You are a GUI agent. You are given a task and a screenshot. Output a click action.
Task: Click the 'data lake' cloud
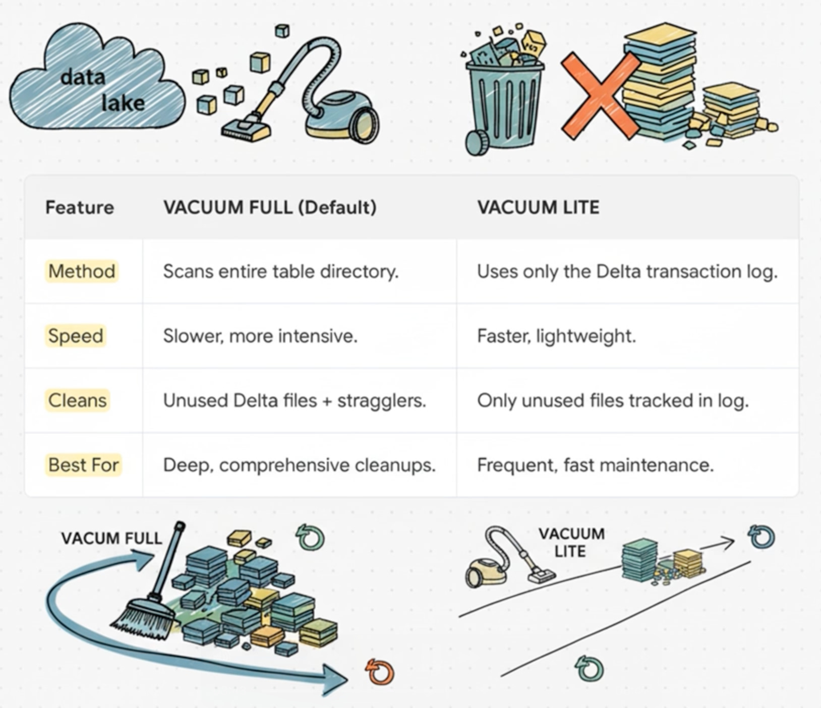pyautogui.click(x=96, y=83)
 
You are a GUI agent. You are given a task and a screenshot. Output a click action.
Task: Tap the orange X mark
pyautogui.click(x=600, y=96)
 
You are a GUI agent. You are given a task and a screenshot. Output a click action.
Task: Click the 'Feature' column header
pyautogui.click(x=80, y=207)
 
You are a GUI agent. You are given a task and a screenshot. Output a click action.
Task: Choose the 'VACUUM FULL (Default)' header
pyautogui.click(x=270, y=207)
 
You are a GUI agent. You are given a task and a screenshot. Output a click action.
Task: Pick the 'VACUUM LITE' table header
pyautogui.click(x=538, y=207)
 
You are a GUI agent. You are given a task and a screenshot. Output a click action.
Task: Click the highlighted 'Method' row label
pyautogui.click(x=82, y=271)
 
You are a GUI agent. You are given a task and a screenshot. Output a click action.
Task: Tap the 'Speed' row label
pyautogui.click(x=76, y=336)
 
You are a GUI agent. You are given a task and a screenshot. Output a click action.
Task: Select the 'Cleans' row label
pyautogui.click(x=78, y=400)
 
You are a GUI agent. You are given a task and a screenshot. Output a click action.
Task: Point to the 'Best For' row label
pyautogui.click(x=84, y=465)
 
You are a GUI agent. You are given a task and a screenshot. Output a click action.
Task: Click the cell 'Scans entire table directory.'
pyautogui.click(x=280, y=271)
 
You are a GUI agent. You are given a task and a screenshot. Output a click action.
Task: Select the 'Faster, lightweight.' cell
pyautogui.click(x=556, y=336)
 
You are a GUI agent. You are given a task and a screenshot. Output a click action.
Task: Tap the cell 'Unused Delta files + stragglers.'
pyautogui.click(x=295, y=400)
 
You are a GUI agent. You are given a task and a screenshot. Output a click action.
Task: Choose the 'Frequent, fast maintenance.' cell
pyautogui.click(x=595, y=465)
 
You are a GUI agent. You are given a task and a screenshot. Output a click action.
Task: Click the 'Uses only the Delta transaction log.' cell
pyautogui.click(x=627, y=271)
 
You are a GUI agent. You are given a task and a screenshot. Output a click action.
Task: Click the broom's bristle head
pyautogui.click(x=144, y=618)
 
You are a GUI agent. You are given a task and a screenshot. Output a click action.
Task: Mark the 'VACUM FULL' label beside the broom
pyautogui.click(x=111, y=538)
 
